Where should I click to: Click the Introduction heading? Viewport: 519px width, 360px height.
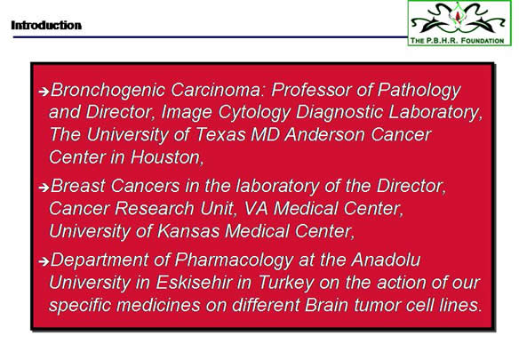tap(46, 25)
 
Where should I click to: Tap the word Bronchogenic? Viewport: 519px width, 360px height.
tap(108, 90)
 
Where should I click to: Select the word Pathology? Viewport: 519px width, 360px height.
tap(419, 90)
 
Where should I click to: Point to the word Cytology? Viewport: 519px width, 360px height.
tap(254, 113)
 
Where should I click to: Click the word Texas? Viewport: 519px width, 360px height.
tap(220, 135)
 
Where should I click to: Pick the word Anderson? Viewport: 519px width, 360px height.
tap(325, 135)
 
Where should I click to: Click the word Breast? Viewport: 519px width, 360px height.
tap(78, 186)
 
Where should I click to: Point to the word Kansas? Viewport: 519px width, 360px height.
tap(188, 231)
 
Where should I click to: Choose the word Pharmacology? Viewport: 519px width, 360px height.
tap(234, 260)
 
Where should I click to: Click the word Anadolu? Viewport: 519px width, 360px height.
tap(386, 260)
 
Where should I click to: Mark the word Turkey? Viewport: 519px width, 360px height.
tap(285, 284)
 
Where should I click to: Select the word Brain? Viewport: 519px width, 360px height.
tap(326, 305)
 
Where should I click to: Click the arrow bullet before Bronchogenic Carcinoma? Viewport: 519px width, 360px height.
tap(44, 91)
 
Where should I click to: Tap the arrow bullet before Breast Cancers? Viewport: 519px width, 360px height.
tap(44, 188)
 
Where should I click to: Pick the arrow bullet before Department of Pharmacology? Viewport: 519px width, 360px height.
tap(44, 261)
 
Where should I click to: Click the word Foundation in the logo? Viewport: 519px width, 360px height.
tap(483, 41)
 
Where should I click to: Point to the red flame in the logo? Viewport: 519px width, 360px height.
tap(458, 15)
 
